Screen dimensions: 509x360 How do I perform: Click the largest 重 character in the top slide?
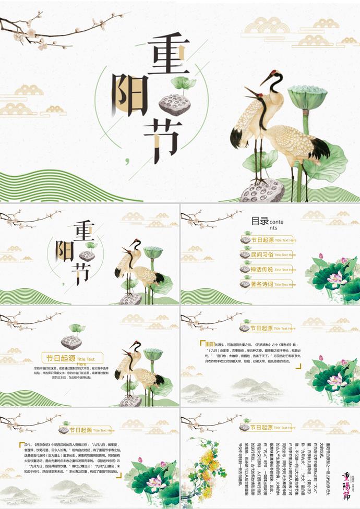pyautogui.click(x=168, y=55)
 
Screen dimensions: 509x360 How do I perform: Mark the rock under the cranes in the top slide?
pyautogui.click(x=262, y=191)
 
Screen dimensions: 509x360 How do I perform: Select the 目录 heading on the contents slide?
pyautogui.click(x=259, y=221)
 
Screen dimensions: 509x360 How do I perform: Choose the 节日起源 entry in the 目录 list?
pyautogui.click(x=262, y=240)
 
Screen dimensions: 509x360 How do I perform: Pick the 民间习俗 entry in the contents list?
pyautogui.click(x=262, y=254)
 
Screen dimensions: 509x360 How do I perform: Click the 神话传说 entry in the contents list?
pyautogui.click(x=262, y=270)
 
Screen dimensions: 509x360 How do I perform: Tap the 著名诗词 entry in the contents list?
pyautogui.click(x=262, y=284)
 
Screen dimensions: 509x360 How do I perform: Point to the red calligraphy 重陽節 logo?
pyautogui.click(x=348, y=484)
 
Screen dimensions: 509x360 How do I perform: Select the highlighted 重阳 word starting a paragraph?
pyautogui.click(x=210, y=344)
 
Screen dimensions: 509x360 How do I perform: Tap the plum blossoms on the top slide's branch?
pyautogui.click(x=31, y=34)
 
